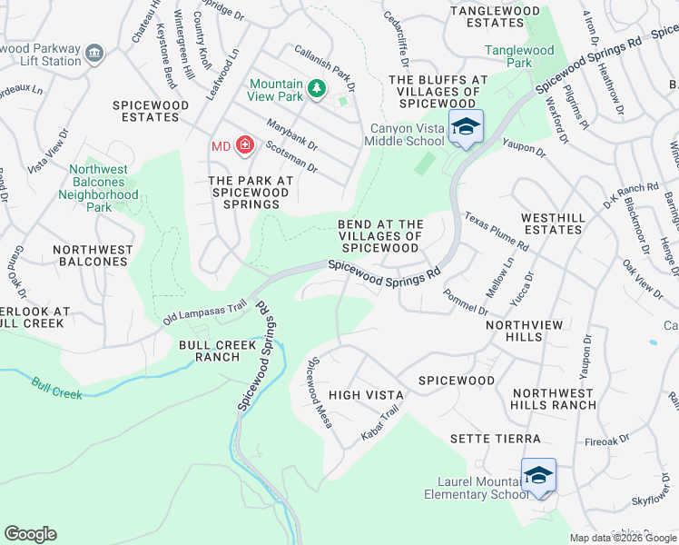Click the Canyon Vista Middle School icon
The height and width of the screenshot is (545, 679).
pyautogui.click(x=466, y=127)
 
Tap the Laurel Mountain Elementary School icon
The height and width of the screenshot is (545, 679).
pyautogui.click(x=538, y=476)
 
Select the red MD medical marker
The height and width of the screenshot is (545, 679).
pyautogui.click(x=243, y=145)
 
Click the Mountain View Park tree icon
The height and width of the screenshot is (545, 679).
pyautogui.click(x=316, y=89)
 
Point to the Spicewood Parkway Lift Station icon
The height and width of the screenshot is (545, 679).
pyautogui.click(x=94, y=54)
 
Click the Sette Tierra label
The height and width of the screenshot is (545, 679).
pyautogui.click(x=496, y=439)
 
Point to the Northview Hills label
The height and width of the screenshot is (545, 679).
pyautogui.click(x=525, y=331)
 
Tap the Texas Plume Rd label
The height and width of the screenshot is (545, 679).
pyautogui.click(x=496, y=233)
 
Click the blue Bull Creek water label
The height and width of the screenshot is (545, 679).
pyautogui.click(x=57, y=389)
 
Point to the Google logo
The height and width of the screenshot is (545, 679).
pyautogui.click(x=30, y=534)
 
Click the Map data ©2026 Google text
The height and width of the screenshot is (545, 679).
pyautogui.click(x=623, y=538)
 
